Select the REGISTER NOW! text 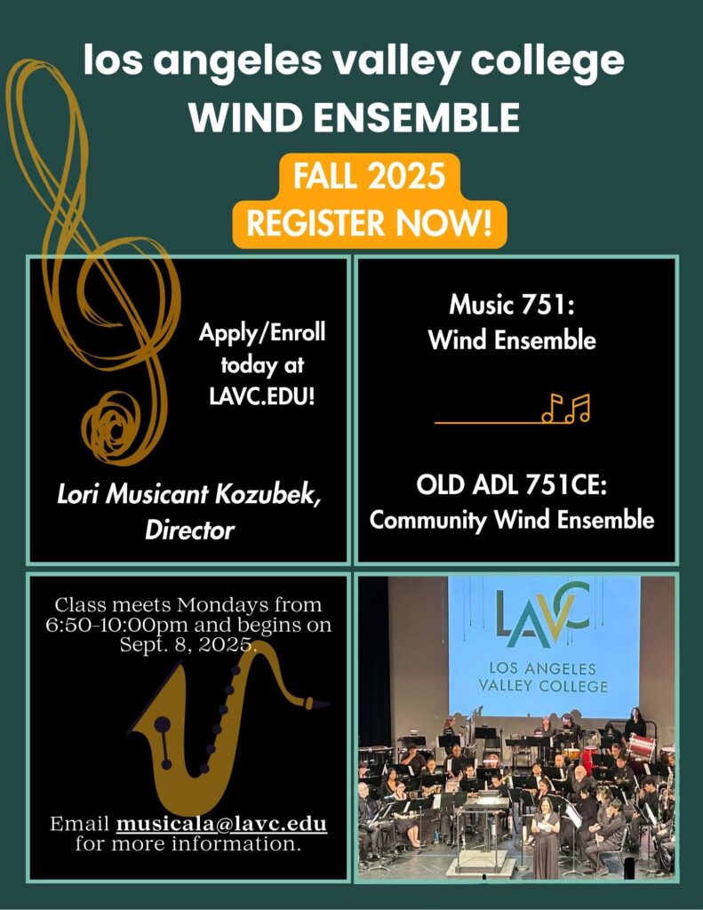369,223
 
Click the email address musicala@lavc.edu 222,824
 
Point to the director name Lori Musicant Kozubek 188,494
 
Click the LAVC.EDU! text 262,397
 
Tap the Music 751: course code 511,305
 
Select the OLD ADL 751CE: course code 511,484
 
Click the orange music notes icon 566,408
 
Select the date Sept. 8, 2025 188,645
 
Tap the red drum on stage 641,748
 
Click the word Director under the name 189,530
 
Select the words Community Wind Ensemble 511,519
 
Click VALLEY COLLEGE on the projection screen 543,685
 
